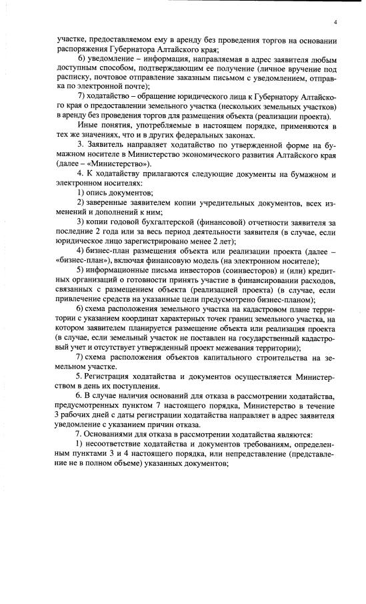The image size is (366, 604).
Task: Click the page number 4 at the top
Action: click(336, 23)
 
